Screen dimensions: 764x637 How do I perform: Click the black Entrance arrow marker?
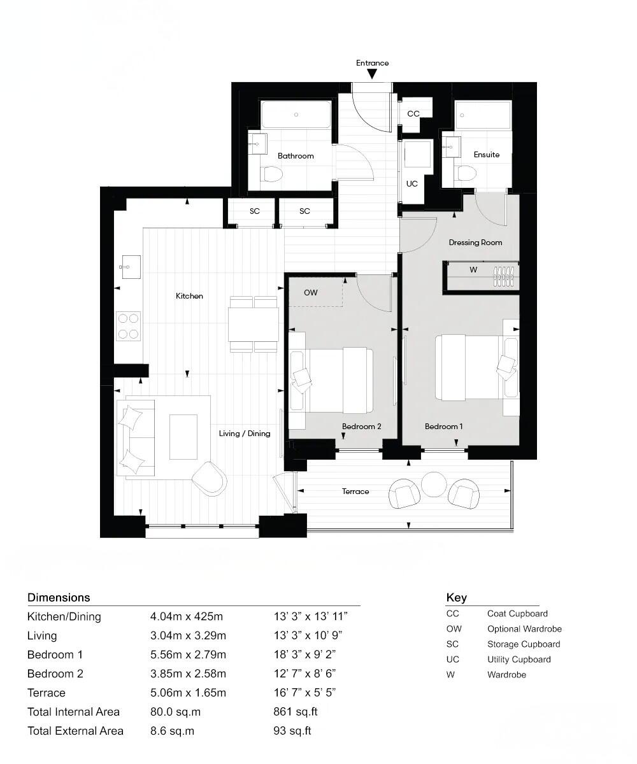pos(372,74)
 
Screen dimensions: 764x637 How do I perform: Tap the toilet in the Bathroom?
pos(273,174)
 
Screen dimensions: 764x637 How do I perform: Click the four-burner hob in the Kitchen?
pos(128,326)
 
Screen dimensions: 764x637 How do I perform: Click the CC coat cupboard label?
pos(413,114)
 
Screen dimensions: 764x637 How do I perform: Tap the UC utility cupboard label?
pos(412,183)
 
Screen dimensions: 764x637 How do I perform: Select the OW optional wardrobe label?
pos(310,292)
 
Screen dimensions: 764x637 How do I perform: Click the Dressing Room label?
pos(475,242)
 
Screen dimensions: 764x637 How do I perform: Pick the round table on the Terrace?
pos(434,484)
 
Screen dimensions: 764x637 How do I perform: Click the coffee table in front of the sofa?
pos(183,436)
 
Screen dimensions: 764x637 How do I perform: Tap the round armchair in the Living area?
pos(209,478)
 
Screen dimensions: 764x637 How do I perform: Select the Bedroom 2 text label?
pos(361,426)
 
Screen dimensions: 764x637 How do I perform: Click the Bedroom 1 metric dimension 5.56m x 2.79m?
pos(188,654)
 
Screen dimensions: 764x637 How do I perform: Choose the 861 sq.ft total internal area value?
pos(292,712)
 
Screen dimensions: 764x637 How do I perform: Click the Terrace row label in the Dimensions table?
pos(47,693)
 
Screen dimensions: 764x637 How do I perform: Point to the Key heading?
pos(456,597)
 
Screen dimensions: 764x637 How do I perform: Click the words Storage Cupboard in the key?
pos(524,644)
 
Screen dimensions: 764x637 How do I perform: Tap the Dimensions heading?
pos(59,597)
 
